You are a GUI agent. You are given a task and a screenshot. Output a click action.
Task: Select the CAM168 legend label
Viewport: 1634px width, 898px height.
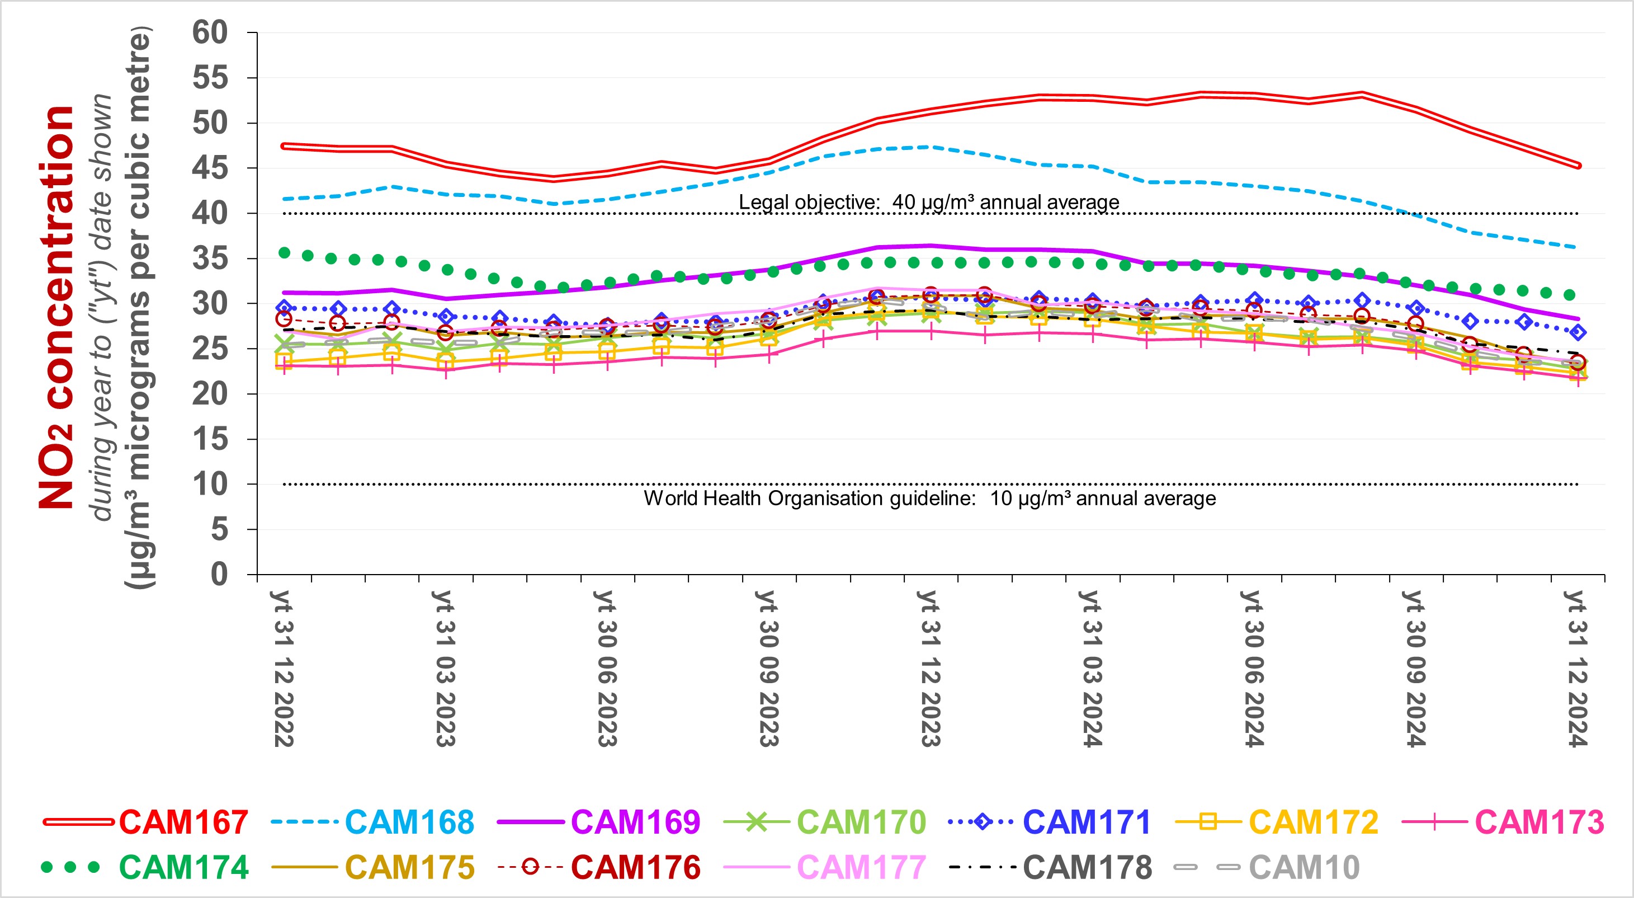pos(409,822)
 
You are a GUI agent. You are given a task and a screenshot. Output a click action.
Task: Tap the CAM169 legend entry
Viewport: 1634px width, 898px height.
pos(635,822)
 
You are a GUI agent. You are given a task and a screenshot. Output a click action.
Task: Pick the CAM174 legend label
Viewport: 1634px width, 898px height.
pos(183,868)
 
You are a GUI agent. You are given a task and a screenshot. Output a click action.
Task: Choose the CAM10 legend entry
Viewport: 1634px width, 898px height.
pos(1304,868)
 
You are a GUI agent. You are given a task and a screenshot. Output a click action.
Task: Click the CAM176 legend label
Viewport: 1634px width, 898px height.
pos(635,868)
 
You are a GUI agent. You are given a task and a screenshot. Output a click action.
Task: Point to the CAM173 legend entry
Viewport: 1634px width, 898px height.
pos(1539,822)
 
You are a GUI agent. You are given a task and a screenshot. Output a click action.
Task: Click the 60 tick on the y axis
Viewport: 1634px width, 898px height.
pos(210,32)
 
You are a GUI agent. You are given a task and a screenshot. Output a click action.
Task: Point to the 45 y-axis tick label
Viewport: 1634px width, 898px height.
pos(210,168)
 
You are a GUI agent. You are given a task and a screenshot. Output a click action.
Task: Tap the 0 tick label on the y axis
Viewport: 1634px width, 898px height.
pos(219,575)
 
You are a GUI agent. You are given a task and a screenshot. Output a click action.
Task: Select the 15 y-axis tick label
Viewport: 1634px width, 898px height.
pos(210,439)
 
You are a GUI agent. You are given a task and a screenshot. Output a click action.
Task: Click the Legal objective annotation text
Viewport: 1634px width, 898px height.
pos(929,203)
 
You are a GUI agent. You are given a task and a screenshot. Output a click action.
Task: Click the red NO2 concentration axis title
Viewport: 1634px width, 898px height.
pos(57,308)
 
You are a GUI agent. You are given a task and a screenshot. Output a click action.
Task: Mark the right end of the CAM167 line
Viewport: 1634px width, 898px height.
pos(1577,166)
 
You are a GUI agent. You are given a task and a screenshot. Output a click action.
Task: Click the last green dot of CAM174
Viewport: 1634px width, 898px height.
pos(1569,294)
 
